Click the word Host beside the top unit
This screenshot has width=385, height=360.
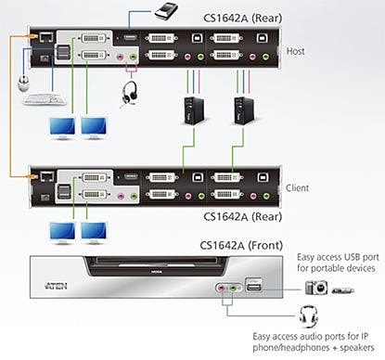[x=295, y=51]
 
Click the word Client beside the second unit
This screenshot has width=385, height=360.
[x=297, y=187]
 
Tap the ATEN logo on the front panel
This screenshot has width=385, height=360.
[x=56, y=286]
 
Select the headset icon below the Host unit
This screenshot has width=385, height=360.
[x=129, y=94]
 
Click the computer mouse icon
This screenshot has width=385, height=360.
[x=23, y=84]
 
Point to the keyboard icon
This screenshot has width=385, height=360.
[x=45, y=99]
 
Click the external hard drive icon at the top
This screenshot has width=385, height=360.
[x=166, y=10]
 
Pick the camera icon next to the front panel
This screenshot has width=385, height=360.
[x=316, y=288]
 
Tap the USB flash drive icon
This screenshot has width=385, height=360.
[x=343, y=290]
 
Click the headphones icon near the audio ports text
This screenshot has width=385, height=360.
[x=308, y=316]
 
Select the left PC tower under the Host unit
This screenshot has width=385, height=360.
[x=194, y=110]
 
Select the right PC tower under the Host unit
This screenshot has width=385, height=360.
[x=244, y=110]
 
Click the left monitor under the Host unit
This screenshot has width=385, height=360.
[x=62, y=128]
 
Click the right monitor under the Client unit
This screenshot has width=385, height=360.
[x=94, y=233]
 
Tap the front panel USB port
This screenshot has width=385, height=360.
[x=253, y=285]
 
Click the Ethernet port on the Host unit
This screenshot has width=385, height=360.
[x=46, y=37]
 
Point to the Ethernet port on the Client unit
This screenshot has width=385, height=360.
[x=47, y=176]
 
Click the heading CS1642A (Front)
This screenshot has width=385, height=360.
[x=241, y=245]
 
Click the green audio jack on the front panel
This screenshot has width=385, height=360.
[x=234, y=289]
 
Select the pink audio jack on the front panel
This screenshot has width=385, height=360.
[x=221, y=289]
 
